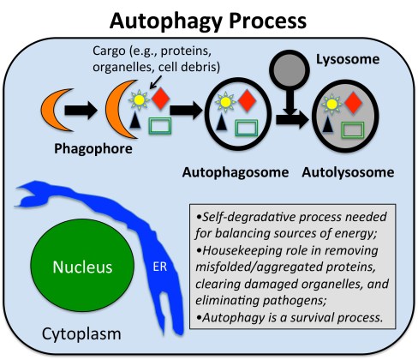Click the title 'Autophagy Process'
tap(209, 18)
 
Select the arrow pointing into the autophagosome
tap(193, 111)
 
